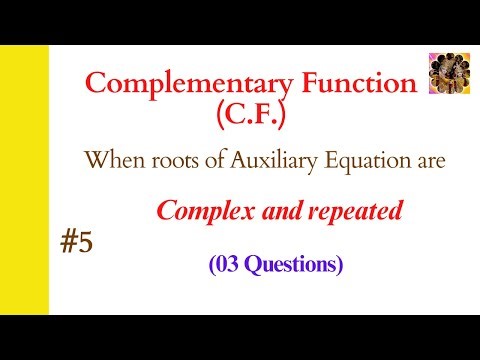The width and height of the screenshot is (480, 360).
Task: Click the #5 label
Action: [75, 243]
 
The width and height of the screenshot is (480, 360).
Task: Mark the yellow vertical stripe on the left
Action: [24, 180]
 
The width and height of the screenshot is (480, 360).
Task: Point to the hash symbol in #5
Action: [66, 243]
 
